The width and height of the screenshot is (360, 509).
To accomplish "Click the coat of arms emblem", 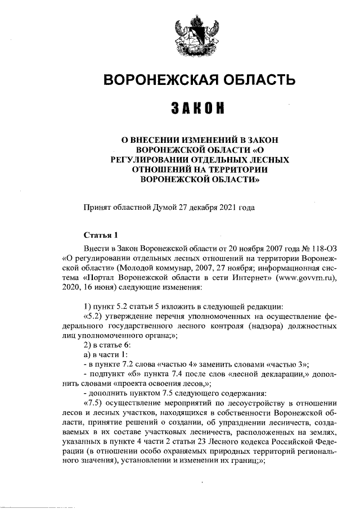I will pyautogui.click(x=193, y=35).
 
